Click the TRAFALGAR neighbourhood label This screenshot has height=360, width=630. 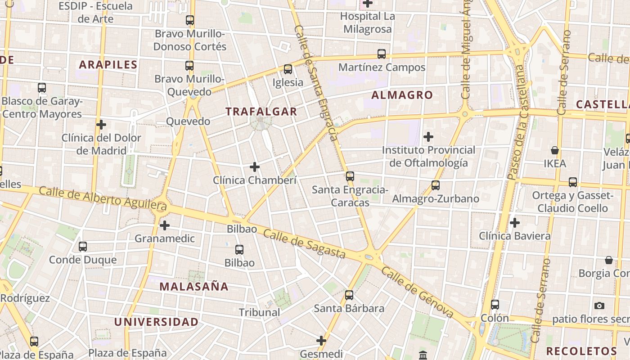pos(261,112)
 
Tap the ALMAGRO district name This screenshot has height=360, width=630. pos(402,95)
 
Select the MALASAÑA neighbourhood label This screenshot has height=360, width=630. pos(194,286)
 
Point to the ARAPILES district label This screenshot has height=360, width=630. pos(108,64)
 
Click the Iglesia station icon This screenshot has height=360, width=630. pos(288,69)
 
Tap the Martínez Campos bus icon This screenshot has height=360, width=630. pos(382,54)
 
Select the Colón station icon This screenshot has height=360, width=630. pos(495,305)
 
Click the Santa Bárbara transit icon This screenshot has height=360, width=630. pos(349,295)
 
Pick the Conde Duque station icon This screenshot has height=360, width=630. pos(83,247)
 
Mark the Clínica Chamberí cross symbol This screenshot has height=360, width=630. pos(255,167)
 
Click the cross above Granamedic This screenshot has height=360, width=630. pos(165,225)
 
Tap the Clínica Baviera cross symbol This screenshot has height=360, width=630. pos(515,222)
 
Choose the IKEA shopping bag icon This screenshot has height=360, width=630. pos(555,150)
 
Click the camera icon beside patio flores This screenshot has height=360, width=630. pos(599,306)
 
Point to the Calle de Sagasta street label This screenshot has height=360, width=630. pos(304,244)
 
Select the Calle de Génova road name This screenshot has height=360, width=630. pos(417,292)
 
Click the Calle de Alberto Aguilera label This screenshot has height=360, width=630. pos(103,198)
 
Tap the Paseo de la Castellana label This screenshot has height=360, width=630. pos(517,122)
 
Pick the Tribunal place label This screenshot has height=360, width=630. pos(259,312)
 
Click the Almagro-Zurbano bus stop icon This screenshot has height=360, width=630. pos(435,185)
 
